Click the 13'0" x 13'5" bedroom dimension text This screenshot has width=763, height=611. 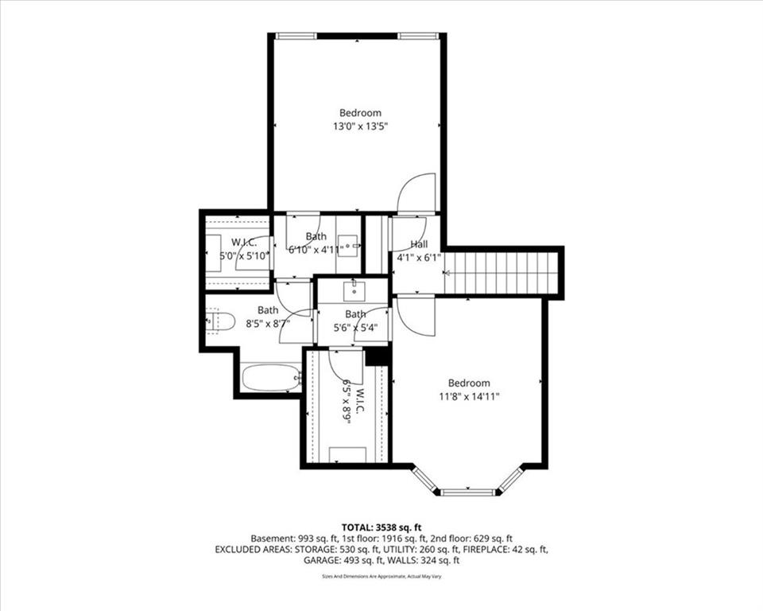[361, 126]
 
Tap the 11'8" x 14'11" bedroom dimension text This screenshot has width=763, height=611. [469, 397]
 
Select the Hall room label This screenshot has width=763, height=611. [419, 243]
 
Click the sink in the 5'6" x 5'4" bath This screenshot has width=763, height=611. [354, 291]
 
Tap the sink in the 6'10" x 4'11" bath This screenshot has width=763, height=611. [350, 246]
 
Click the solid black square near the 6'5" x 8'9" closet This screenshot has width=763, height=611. [377, 356]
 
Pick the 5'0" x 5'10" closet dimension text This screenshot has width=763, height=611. [244, 255]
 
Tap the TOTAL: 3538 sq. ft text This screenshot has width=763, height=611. [381, 527]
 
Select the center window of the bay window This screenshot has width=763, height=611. [469, 492]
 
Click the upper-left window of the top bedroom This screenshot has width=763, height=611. [296, 36]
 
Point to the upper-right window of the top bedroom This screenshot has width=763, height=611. [418, 36]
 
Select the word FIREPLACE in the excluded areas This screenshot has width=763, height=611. [486, 550]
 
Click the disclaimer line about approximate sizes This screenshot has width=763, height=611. [381, 577]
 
